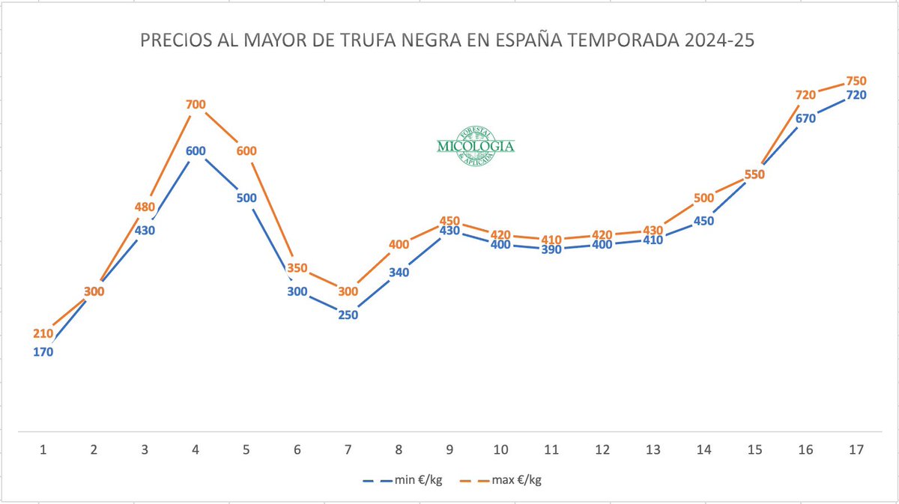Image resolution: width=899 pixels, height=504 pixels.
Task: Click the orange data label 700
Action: (196, 104)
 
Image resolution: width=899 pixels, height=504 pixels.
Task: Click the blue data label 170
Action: (43, 352)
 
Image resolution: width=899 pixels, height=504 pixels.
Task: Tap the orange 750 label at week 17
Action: (856, 81)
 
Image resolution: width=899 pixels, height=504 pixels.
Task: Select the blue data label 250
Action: (348, 315)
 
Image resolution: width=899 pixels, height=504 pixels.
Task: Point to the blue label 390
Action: (551, 249)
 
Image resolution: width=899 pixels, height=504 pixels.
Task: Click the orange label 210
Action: (43, 333)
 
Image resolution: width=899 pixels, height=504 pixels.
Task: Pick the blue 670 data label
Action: (805, 118)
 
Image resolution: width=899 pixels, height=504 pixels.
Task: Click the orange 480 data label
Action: (145, 207)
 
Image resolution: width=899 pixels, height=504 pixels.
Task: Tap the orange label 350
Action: (297, 268)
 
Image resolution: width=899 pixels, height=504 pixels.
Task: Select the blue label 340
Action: (399, 273)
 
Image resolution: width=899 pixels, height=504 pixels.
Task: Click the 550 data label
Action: (754, 174)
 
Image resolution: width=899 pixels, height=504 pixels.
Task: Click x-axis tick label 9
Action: (450, 450)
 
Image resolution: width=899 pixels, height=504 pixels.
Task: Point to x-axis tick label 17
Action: (856, 450)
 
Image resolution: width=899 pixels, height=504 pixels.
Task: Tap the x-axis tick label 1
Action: (43, 450)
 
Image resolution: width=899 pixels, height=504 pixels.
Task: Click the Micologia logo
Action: (476, 145)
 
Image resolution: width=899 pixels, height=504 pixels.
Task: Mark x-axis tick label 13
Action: (653, 450)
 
